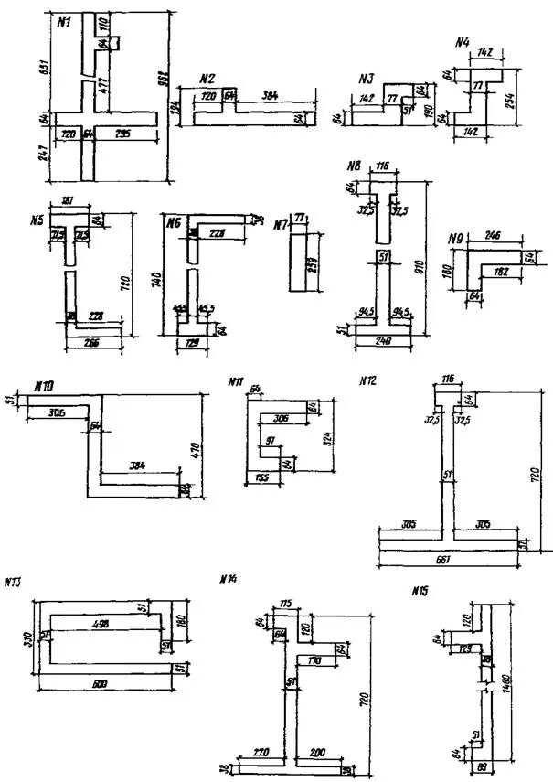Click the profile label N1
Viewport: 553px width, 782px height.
(65, 23)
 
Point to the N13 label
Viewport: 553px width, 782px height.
(13, 581)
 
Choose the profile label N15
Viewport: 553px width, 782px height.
(420, 591)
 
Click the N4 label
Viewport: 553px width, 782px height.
(463, 42)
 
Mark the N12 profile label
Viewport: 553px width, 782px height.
(367, 379)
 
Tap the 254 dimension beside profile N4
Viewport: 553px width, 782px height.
(514, 100)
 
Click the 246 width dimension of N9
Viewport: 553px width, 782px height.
(492, 235)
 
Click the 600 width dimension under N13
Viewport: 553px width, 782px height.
(105, 681)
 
